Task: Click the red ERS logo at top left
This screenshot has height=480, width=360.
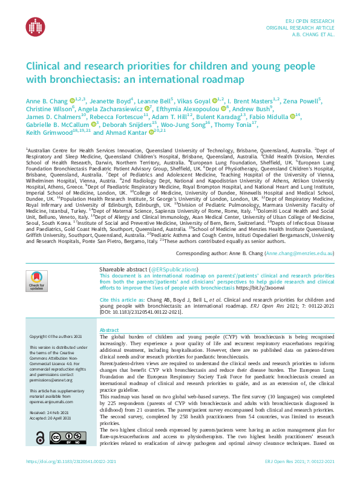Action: click(35, 26)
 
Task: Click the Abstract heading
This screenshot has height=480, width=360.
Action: click(110, 330)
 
